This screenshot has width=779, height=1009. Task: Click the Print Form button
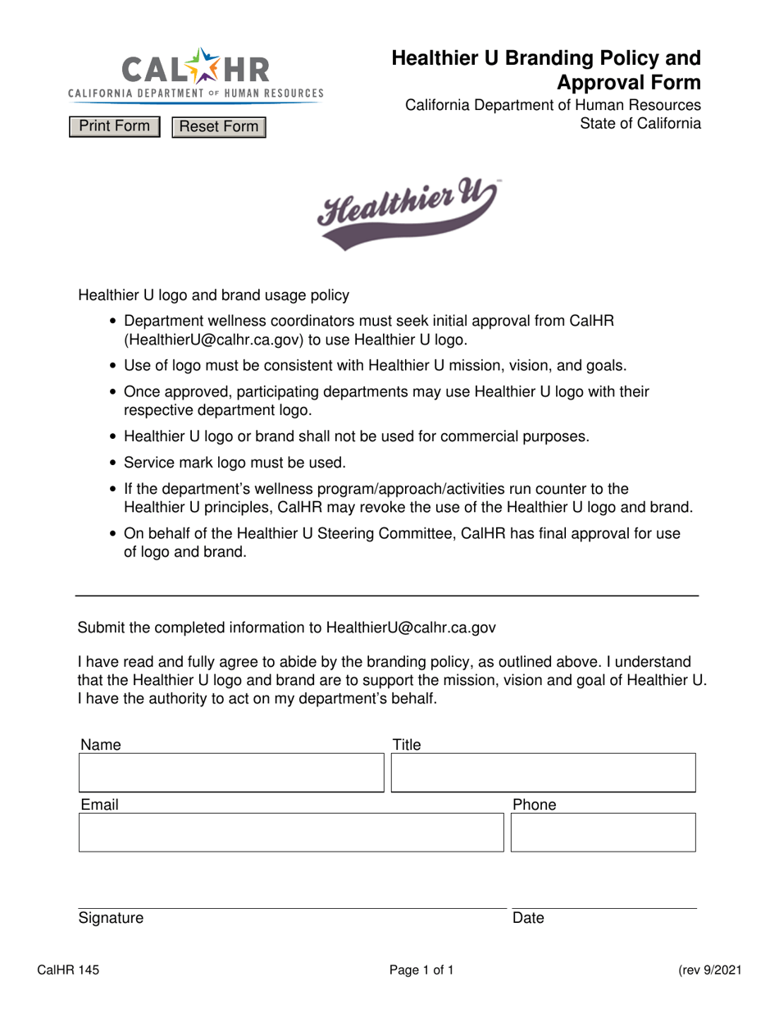(114, 126)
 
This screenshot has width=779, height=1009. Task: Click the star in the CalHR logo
(198, 65)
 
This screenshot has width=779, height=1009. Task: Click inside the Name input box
(231, 773)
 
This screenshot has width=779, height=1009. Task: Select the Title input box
(543, 773)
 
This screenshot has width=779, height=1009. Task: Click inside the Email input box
(291, 833)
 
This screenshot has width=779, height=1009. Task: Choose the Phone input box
(603, 833)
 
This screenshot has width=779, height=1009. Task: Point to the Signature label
(111, 918)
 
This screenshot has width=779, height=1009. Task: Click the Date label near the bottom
(528, 918)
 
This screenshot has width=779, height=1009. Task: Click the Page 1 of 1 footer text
(421, 971)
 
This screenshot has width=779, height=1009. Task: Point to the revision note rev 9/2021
(710, 971)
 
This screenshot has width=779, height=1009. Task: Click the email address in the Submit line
(411, 628)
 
